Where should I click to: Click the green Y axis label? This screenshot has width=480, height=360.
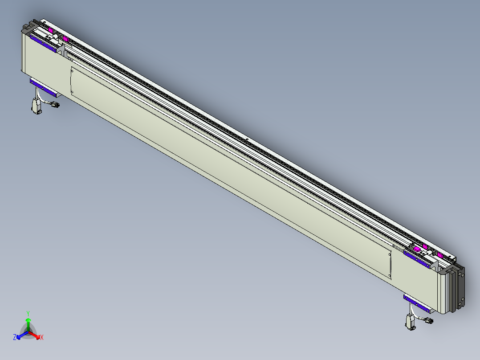(x=28, y=313)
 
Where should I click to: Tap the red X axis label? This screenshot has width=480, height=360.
(x=42, y=338)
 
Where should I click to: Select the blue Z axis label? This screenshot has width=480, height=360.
(x=15, y=338)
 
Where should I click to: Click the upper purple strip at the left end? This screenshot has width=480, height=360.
(x=43, y=44)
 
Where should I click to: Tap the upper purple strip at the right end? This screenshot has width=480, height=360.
(x=417, y=259)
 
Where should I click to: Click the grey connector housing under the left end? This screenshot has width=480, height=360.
(x=36, y=106)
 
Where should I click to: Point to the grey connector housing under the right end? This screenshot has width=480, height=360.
(x=410, y=322)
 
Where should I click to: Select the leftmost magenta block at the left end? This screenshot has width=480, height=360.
(x=51, y=30)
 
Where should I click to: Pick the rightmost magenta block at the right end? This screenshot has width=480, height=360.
(x=440, y=255)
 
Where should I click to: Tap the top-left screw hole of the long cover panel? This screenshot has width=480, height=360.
(x=73, y=70)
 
